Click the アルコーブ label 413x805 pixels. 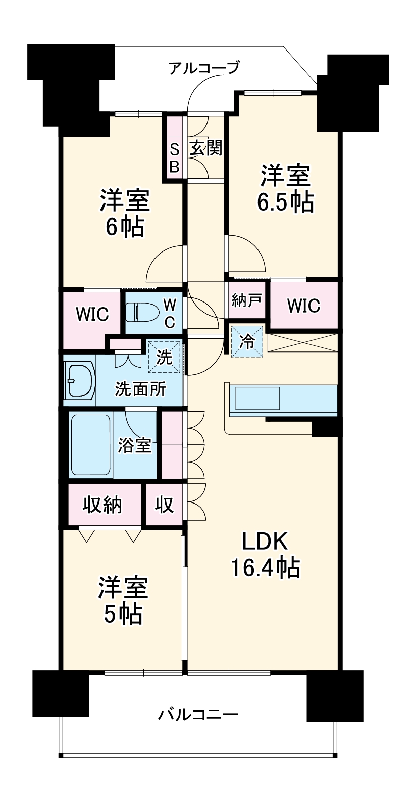point(203,67)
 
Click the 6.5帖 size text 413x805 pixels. point(285,203)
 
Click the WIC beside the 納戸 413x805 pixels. point(303,305)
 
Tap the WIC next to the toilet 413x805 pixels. point(92,314)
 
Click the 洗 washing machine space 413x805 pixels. point(164,357)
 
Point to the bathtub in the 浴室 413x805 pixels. point(91,445)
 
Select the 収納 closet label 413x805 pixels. point(102,505)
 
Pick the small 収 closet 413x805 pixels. point(164,505)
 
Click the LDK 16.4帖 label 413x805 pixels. point(265,555)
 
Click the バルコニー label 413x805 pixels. point(198,715)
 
